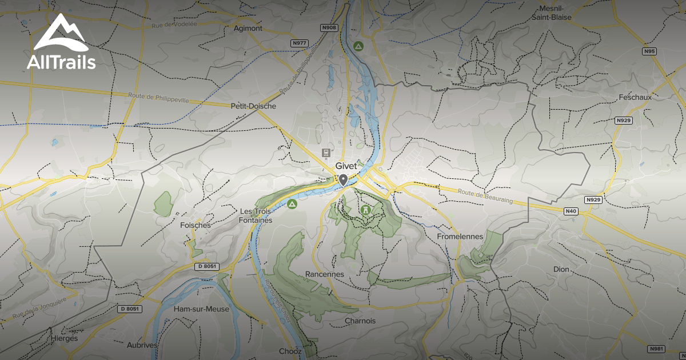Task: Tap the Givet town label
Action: point(346,166)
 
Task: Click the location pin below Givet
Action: point(343,181)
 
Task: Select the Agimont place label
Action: point(248,28)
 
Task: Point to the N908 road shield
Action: point(329,27)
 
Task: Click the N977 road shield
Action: point(300,43)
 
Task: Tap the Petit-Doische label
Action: point(253,106)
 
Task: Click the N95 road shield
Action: point(649,51)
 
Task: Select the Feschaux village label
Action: point(635,97)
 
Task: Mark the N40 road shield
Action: point(571,211)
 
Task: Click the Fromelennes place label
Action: point(460,236)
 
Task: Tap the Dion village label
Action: point(561,269)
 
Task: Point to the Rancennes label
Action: point(325,274)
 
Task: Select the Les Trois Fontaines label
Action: point(256,215)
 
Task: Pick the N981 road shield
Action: point(656,349)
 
